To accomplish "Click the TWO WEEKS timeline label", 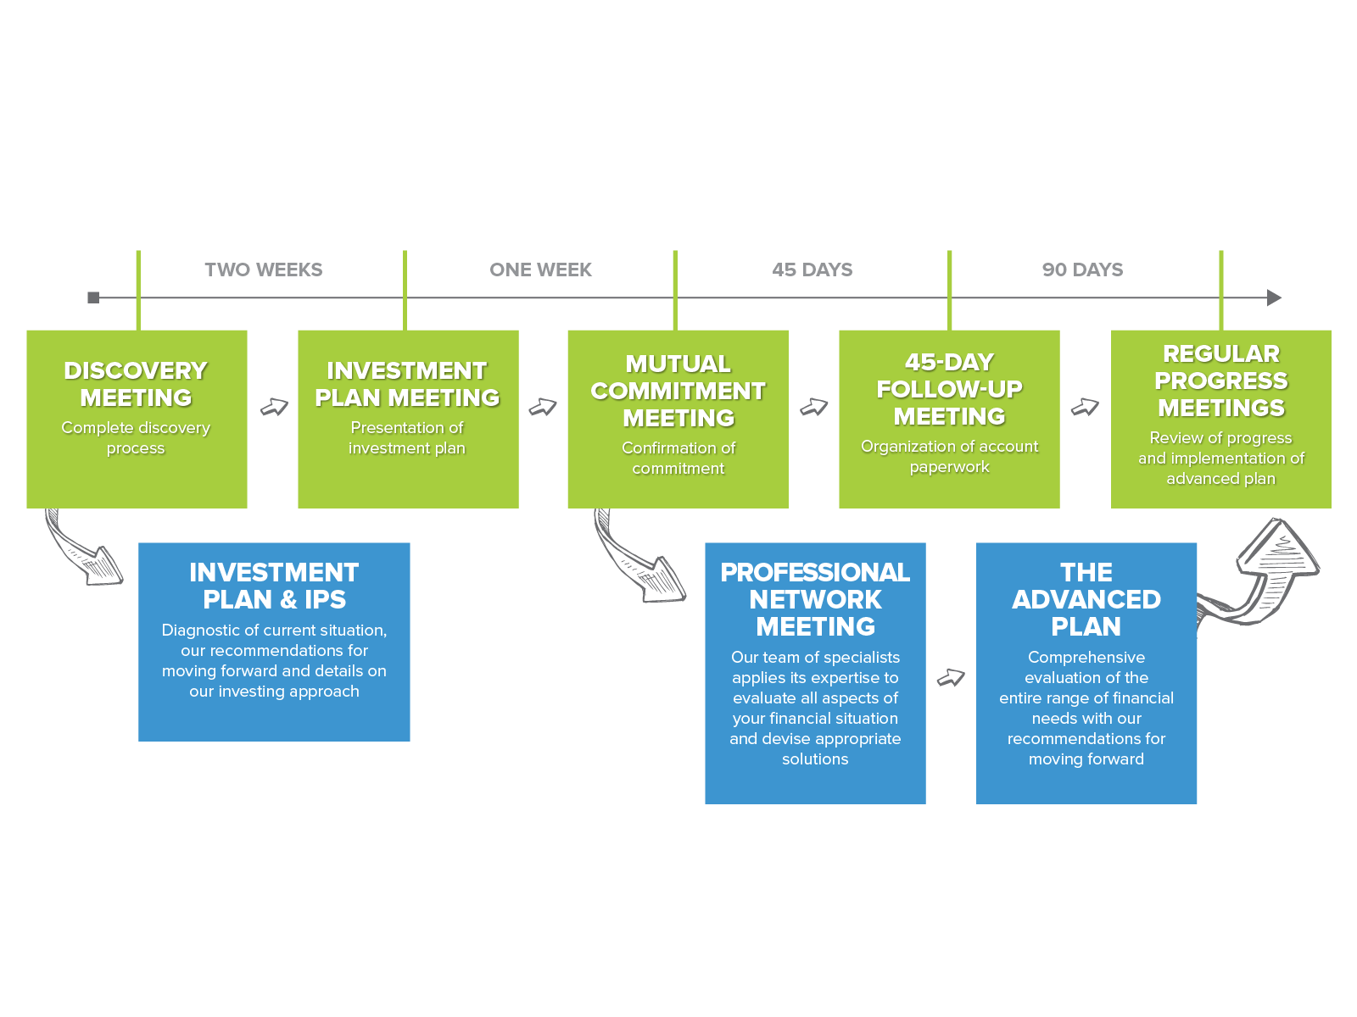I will click(x=263, y=270).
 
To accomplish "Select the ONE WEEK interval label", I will click(x=540, y=270).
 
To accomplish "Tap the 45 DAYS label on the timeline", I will click(x=812, y=270).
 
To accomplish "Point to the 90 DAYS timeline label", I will click(x=1082, y=270).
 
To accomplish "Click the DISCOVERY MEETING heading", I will click(x=136, y=384).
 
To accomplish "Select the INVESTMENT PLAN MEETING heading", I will click(x=407, y=384).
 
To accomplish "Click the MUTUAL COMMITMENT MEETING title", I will click(x=678, y=391).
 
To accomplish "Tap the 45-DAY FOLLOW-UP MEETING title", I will click(x=949, y=389).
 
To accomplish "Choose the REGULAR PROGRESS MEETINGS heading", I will click(x=1220, y=381).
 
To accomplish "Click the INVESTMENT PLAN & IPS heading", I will click(x=274, y=586).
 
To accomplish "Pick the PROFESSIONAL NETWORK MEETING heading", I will click(x=815, y=599).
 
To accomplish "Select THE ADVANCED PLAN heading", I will click(x=1086, y=599).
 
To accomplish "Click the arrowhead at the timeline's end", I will click(x=1274, y=297).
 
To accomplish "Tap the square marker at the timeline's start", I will click(x=93, y=297).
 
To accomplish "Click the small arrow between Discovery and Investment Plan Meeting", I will click(x=274, y=408).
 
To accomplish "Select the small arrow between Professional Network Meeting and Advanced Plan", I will click(x=951, y=677).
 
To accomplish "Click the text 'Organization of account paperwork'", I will click(x=949, y=456).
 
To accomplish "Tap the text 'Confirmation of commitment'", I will click(x=678, y=458).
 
